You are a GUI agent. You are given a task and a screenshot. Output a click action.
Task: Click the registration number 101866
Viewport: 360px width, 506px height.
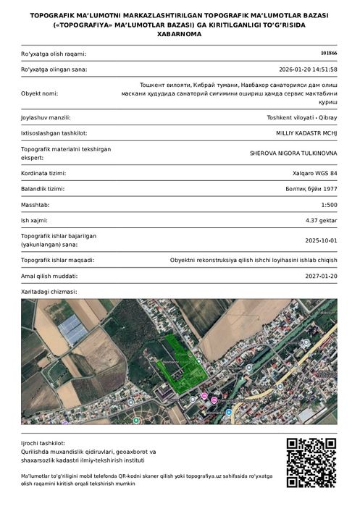click(328, 54)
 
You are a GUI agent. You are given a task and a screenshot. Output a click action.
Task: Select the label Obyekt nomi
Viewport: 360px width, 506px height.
click(39, 93)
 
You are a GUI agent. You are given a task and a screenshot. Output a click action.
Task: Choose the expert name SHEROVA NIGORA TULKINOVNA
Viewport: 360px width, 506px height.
click(293, 153)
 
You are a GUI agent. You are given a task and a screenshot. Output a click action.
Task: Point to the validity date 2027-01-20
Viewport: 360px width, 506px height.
click(321, 276)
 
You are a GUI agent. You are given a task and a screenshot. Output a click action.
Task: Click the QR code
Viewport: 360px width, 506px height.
click(311, 463)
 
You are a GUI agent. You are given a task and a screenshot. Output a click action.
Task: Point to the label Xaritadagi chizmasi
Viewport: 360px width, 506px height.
click(49, 292)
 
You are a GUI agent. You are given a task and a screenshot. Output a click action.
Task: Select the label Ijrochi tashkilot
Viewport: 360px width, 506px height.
click(43, 442)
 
